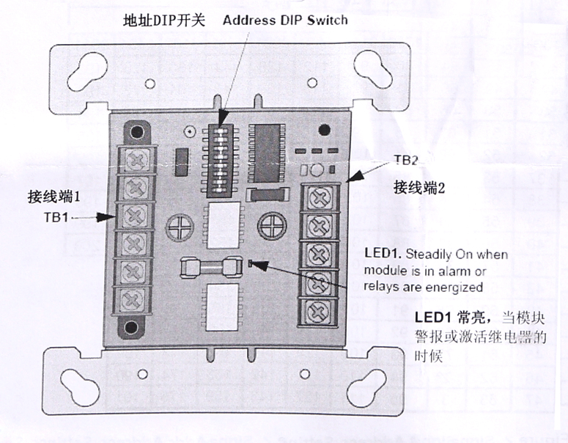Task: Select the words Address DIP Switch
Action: pos(286,20)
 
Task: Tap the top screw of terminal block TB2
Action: pos(320,196)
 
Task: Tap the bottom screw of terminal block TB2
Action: pos(320,308)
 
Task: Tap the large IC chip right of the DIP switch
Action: pos(268,151)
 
